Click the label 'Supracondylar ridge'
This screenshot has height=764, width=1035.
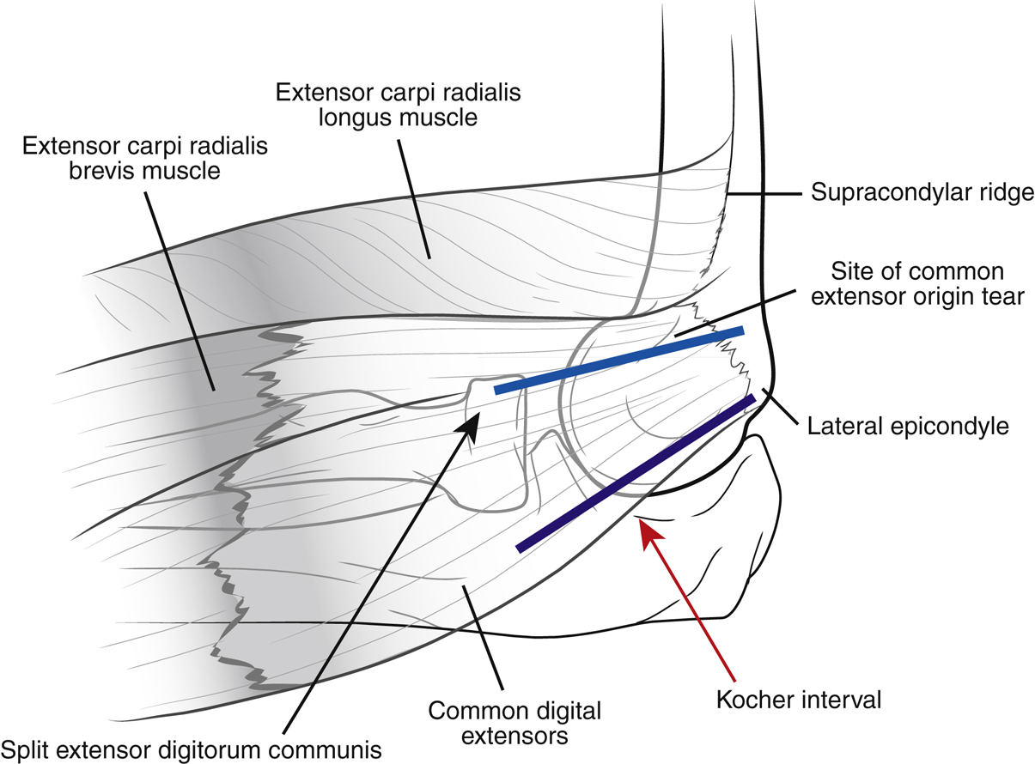point(922,192)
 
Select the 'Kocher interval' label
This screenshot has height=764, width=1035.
point(799,700)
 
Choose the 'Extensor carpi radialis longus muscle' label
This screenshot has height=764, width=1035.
point(375,104)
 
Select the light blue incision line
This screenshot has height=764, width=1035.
point(618,359)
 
